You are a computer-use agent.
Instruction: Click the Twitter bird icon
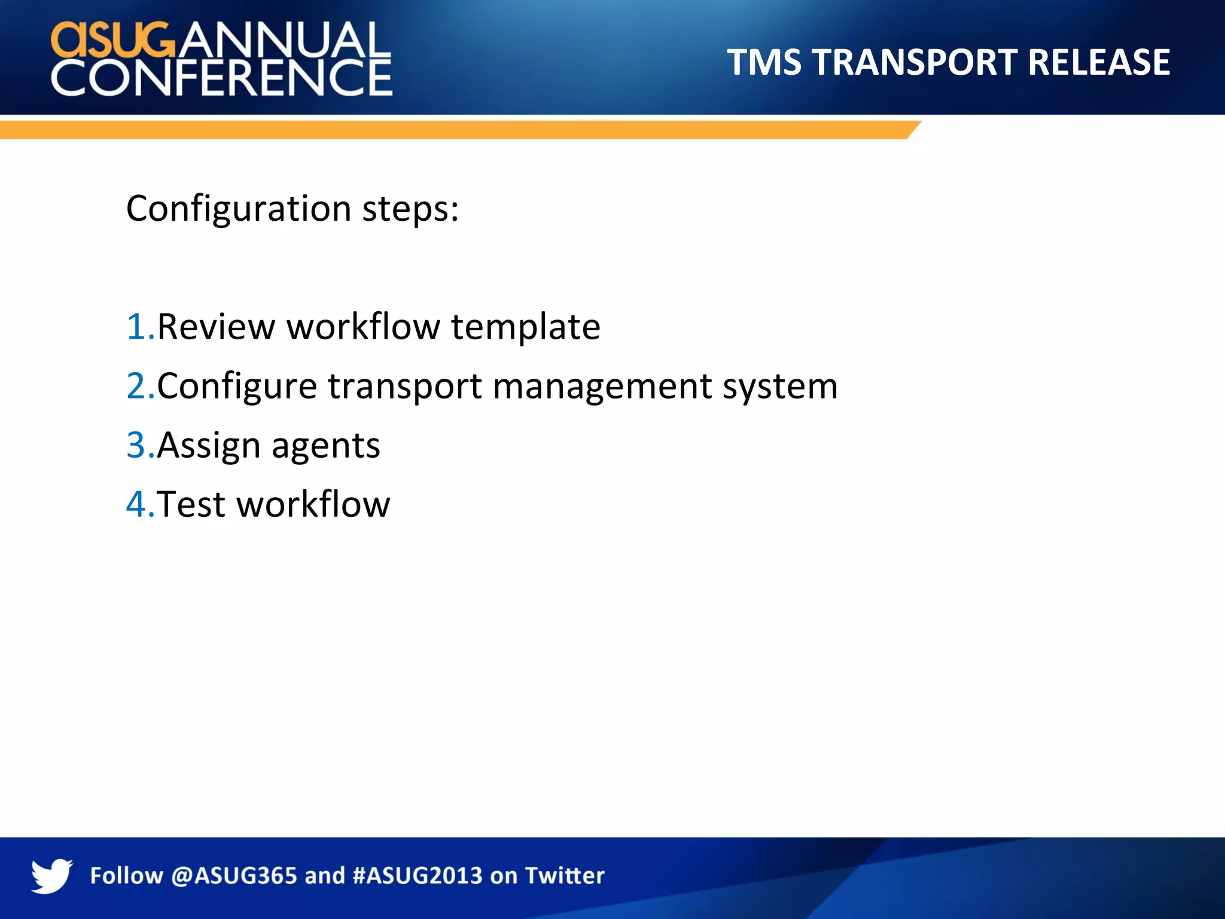point(51,876)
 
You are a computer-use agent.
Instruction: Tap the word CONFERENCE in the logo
point(221,78)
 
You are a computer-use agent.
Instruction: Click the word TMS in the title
point(764,62)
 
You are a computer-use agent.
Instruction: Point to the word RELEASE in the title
point(1099,62)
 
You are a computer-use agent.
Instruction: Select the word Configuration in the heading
point(239,209)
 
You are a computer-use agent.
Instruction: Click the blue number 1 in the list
point(137,327)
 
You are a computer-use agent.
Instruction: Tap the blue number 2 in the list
point(137,386)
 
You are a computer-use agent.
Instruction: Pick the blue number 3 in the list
point(137,445)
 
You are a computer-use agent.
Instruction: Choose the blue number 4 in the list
point(137,504)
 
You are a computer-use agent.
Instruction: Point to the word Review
point(216,327)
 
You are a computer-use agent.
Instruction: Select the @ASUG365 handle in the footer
point(234,876)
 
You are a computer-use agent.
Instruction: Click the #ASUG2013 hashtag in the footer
point(418,876)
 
